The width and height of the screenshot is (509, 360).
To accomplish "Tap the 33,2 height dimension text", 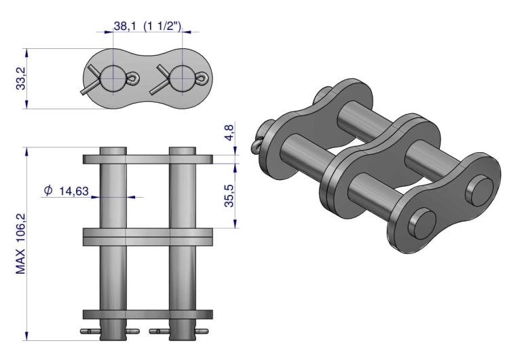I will (x=22, y=78).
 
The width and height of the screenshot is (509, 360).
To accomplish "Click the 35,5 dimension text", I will (x=230, y=194).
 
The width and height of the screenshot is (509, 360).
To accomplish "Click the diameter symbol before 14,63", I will (x=48, y=191).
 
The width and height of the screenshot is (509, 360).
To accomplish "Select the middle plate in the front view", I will (x=148, y=236).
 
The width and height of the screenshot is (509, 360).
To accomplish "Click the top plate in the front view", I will (x=148, y=160).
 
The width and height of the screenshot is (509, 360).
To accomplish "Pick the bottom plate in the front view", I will (x=148, y=314).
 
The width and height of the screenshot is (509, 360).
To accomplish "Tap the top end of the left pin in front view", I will (x=113, y=149).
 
